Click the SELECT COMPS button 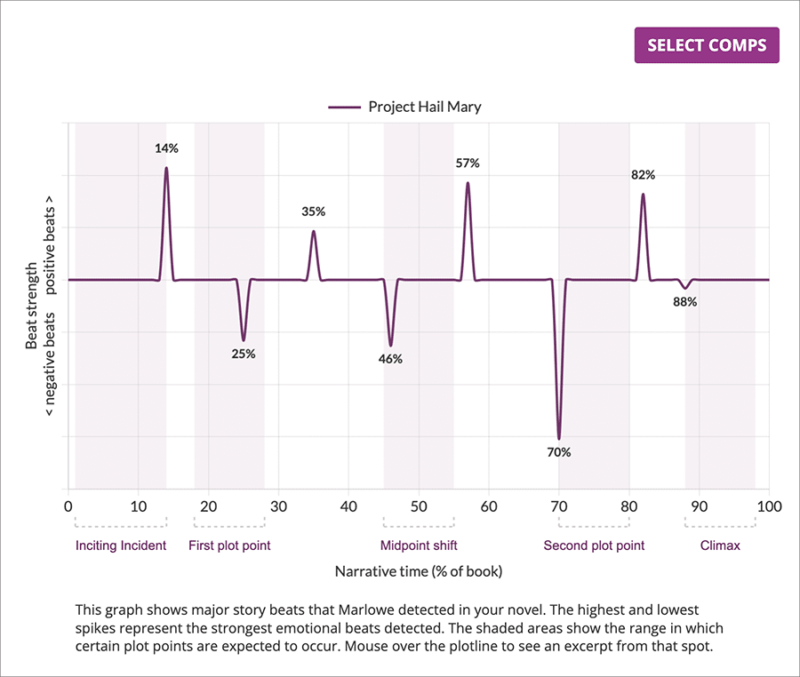[706, 45]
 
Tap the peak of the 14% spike [166, 168]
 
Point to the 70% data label [559, 452]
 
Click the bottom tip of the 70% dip [559, 438]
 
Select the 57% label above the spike [468, 163]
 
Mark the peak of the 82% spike [643, 195]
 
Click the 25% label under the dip [244, 354]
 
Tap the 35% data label [314, 211]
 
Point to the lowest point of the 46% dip [391, 345]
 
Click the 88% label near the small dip [685, 302]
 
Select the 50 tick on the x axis [419, 506]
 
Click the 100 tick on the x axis [768, 506]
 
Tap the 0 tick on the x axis [68, 506]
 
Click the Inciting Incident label [121, 546]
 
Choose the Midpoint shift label [419, 546]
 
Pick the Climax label [720, 546]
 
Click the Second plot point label [594, 546]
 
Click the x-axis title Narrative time [419, 572]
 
